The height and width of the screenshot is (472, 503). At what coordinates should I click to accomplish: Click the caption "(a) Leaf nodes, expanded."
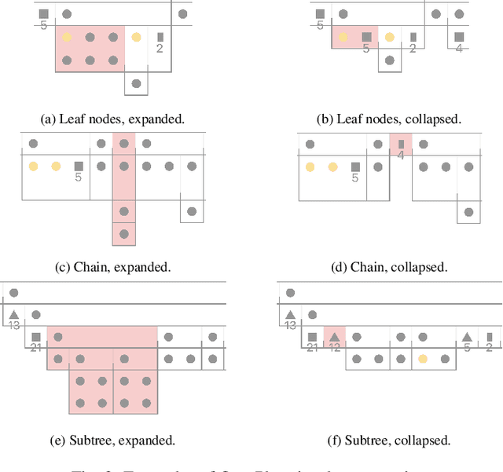112,119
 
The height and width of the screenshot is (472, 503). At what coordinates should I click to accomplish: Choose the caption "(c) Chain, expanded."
113,267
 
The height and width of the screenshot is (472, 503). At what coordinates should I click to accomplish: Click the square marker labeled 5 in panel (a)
44,14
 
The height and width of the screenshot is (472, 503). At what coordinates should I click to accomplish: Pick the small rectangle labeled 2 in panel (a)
160,37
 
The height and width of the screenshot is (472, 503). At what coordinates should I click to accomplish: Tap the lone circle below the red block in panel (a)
137,83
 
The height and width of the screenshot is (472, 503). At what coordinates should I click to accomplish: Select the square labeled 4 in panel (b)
459,37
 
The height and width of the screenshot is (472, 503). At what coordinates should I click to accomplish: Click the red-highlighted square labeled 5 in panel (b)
366,37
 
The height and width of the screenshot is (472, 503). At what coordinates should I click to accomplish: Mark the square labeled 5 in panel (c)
79,166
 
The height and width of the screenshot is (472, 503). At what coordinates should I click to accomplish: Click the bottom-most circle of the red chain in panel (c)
123,234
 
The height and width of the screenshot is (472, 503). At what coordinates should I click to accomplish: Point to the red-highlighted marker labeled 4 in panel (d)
401,144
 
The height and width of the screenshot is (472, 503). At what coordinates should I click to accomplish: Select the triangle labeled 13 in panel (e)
13,315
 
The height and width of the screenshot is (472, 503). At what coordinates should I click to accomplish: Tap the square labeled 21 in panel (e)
36,337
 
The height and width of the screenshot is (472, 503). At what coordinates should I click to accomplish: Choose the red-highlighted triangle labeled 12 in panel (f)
334,337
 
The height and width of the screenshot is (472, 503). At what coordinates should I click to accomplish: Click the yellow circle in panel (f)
423,359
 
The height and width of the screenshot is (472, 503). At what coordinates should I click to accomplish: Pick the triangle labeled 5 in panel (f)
467,337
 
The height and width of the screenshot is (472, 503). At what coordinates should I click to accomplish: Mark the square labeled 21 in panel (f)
312,337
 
